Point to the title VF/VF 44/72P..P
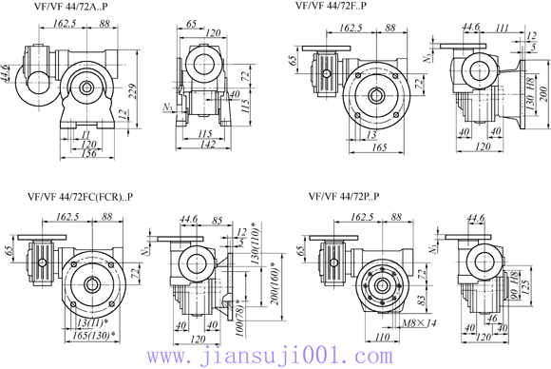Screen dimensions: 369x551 [343, 198]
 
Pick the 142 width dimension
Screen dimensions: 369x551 [210, 145]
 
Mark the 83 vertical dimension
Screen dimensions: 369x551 [418, 301]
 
